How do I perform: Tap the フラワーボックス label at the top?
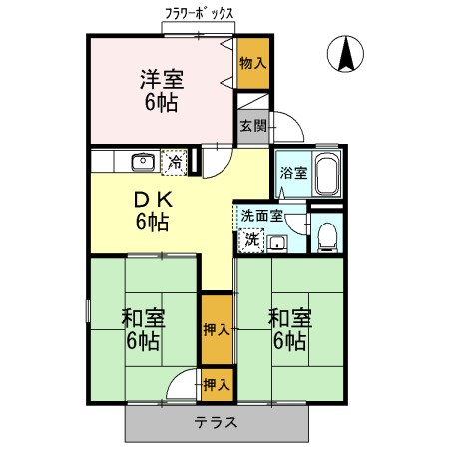click(x=200, y=14)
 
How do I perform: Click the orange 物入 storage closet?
click(x=253, y=62)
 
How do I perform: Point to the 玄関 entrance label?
click(x=252, y=126)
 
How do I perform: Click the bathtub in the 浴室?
click(x=327, y=176)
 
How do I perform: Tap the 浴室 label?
click(x=290, y=171)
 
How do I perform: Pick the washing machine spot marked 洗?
click(x=252, y=239)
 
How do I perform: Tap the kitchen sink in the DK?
click(x=143, y=160)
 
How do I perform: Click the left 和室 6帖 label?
click(x=143, y=329)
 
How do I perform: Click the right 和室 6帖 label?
click(x=290, y=329)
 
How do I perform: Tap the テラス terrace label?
click(x=216, y=421)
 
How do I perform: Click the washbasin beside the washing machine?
click(x=276, y=242)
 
